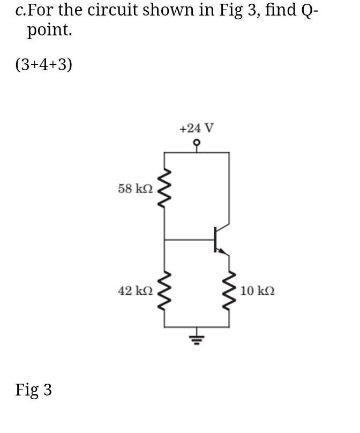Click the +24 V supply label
197,129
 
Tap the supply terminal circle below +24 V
197,143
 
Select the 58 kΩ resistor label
135,189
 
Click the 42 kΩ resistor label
135,291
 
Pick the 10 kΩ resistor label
258,291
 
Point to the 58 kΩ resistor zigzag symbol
164,189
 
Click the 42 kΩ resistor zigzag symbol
164,291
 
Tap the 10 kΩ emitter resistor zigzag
229,291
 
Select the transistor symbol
218,240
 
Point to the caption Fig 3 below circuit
33,390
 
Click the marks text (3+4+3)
43,64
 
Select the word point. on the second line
49,31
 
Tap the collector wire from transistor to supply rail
229,188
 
